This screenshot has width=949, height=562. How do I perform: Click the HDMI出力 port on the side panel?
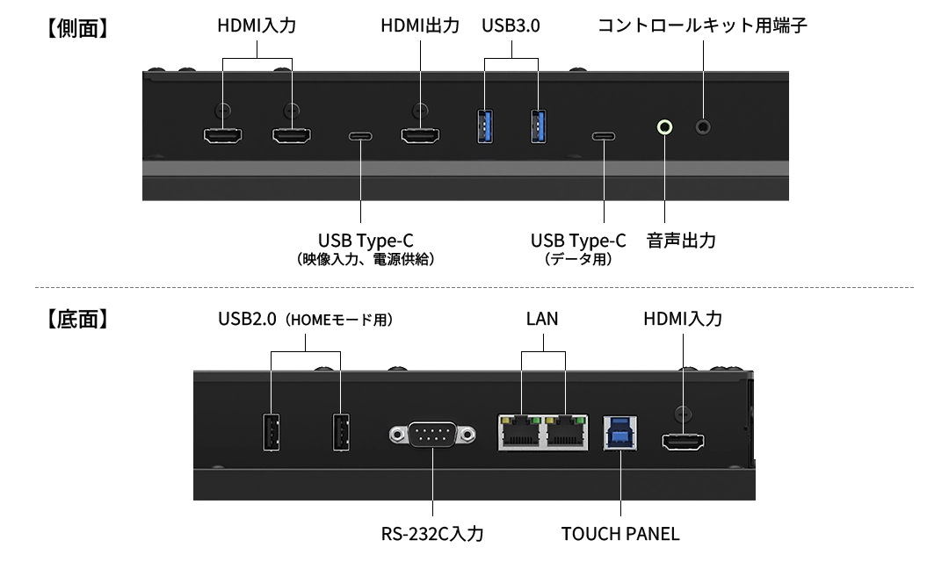coord(420,136)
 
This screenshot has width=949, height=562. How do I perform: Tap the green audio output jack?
coord(665,127)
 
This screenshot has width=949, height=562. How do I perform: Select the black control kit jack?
coord(703,126)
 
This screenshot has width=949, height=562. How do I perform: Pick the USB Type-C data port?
coord(603,137)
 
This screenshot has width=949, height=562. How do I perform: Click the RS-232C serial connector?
coord(433,433)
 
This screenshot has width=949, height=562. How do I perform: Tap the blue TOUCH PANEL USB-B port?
coord(620,433)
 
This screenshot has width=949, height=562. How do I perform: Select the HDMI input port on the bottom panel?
coord(682,443)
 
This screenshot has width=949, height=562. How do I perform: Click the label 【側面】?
coord(76,26)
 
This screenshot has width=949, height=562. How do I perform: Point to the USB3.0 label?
coord(511,25)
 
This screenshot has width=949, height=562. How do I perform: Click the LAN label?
coord(542,318)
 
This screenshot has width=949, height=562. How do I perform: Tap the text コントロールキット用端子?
coord(702,25)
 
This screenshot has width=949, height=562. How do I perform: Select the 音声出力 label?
coord(681,240)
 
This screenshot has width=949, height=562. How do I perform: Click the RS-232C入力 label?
coord(432,533)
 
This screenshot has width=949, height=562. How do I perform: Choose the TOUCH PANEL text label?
coord(620,533)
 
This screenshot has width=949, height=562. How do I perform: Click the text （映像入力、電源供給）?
coord(366,259)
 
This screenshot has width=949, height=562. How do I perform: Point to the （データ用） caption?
coord(577,259)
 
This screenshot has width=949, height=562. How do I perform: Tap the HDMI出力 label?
coord(420,25)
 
